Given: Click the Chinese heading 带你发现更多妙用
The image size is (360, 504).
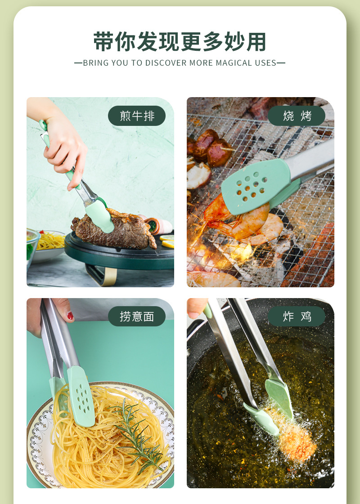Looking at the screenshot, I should [180, 42].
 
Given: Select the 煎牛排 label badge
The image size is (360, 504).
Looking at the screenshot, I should [137, 116].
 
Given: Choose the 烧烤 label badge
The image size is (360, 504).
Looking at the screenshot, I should [297, 116].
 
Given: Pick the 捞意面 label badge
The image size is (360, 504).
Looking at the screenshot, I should [137, 317].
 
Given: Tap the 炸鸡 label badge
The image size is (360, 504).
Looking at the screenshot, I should [297, 317].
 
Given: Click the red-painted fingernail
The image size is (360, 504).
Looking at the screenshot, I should [70, 316].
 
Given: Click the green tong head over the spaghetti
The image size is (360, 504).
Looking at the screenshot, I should [81, 396].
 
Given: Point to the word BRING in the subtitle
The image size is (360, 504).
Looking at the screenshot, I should [95, 63].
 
